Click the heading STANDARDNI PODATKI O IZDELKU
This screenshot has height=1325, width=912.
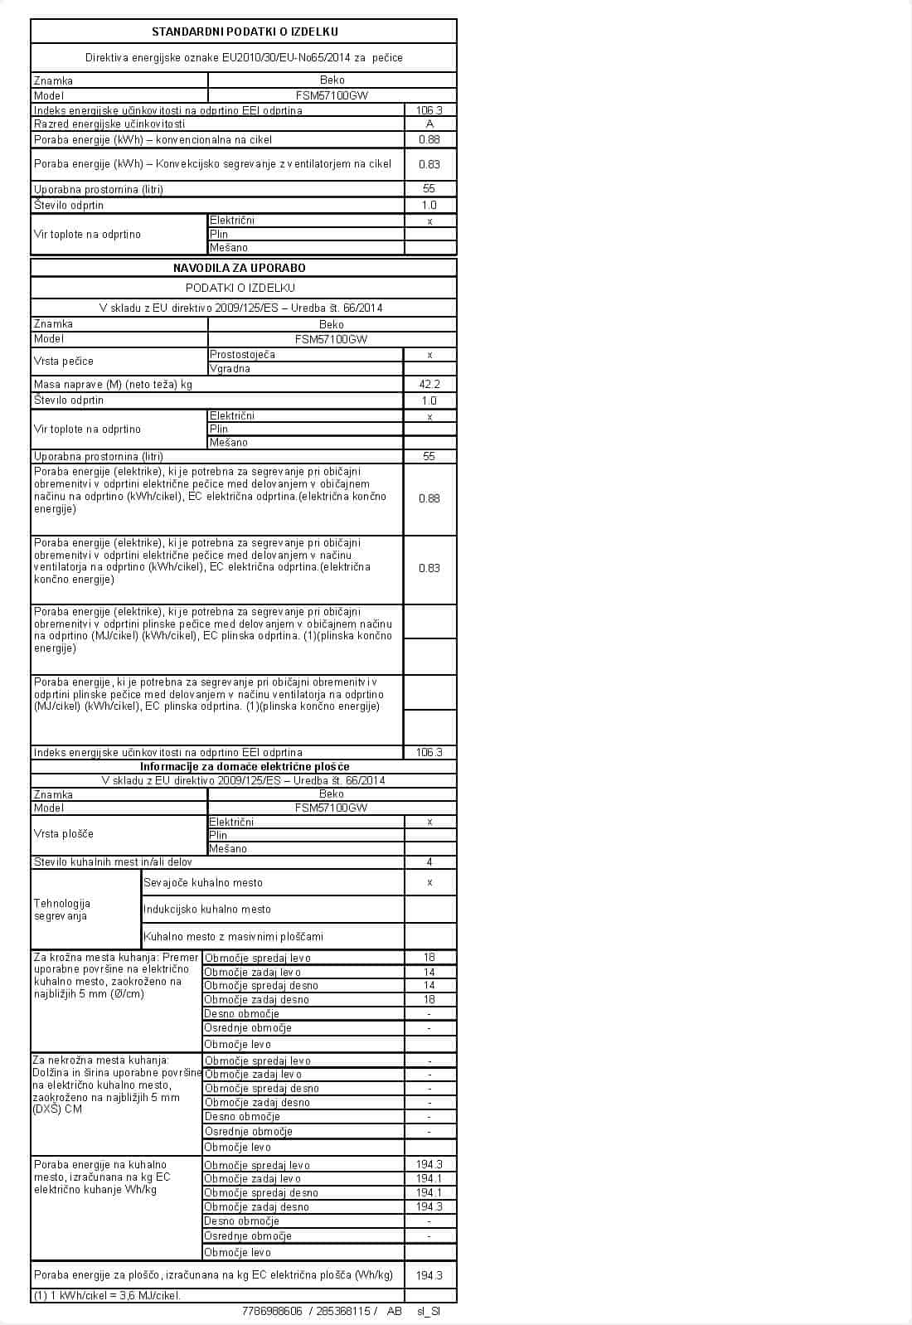(x=244, y=32)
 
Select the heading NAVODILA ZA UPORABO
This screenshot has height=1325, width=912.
(x=240, y=268)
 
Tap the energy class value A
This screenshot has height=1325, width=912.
(x=429, y=124)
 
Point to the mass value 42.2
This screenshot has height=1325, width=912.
(x=429, y=384)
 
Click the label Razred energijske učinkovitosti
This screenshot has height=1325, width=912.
(x=109, y=124)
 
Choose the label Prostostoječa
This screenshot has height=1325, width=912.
(x=242, y=354)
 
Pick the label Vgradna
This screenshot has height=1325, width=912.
(x=230, y=368)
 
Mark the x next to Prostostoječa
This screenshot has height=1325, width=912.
(x=429, y=355)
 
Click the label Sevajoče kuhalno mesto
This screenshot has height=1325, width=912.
(x=203, y=882)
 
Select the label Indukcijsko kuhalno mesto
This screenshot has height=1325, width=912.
(x=207, y=909)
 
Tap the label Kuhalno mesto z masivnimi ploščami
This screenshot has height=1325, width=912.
(x=234, y=936)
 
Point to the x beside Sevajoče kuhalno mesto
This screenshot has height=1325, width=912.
(x=429, y=882)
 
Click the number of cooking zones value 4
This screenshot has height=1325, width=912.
(x=429, y=861)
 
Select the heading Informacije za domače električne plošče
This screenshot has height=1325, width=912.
(x=245, y=766)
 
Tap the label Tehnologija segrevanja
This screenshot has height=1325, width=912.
(x=62, y=910)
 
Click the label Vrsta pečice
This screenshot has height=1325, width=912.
(x=64, y=361)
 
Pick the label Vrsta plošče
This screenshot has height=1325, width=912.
(x=64, y=833)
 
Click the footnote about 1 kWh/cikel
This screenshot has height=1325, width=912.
(x=107, y=1295)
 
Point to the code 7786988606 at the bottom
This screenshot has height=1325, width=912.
(x=272, y=1311)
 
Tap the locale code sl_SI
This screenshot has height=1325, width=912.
(x=429, y=1311)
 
